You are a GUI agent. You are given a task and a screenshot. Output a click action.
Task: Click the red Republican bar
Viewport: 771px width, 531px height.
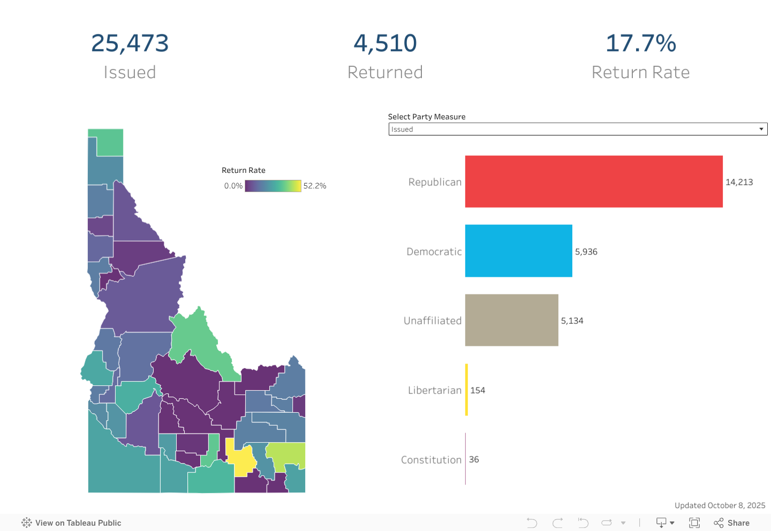[x=593, y=181]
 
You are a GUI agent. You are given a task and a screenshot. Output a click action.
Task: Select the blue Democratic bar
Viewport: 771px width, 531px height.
[x=518, y=251]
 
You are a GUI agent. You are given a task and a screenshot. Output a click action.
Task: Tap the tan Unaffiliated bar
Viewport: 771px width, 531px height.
[x=511, y=320]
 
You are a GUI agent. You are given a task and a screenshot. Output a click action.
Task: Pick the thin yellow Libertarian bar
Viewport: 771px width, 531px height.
[x=466, y=390]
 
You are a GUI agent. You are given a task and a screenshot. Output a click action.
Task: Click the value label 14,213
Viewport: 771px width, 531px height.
[x=739, y=182]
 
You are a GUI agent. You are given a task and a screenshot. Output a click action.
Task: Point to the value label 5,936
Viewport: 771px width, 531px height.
[x=586, y=252]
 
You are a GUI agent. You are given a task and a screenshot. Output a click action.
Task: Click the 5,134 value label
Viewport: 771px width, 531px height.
[x=572, y=321]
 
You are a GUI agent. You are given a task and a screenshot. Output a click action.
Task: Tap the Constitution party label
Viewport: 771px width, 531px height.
[x=431, y=460]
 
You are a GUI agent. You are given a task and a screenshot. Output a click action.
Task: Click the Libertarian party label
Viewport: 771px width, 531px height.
[x=434, y=390]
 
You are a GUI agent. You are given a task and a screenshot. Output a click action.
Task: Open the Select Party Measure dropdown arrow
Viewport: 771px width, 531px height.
[x=761, y=129]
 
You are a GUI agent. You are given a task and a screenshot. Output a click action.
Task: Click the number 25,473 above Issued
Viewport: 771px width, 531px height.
[x=130, y=43]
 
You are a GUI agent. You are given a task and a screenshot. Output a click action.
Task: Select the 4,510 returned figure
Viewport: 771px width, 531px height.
[x=385, y=43]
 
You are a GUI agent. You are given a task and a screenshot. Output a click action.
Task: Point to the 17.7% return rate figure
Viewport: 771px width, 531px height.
[x=640, y=43]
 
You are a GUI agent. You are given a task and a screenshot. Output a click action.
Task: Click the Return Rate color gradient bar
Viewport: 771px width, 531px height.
[x=273, y=186]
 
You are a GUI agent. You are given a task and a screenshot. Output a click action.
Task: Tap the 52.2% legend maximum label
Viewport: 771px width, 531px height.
[x=315, y=186]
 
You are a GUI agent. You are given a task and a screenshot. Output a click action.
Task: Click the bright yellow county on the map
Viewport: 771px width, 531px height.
[x=241, y=460]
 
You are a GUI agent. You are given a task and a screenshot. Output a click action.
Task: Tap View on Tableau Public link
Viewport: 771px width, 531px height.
[x=72, y=523]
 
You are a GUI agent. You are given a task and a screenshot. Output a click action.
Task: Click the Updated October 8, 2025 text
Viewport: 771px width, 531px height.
[x=720, y=505]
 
